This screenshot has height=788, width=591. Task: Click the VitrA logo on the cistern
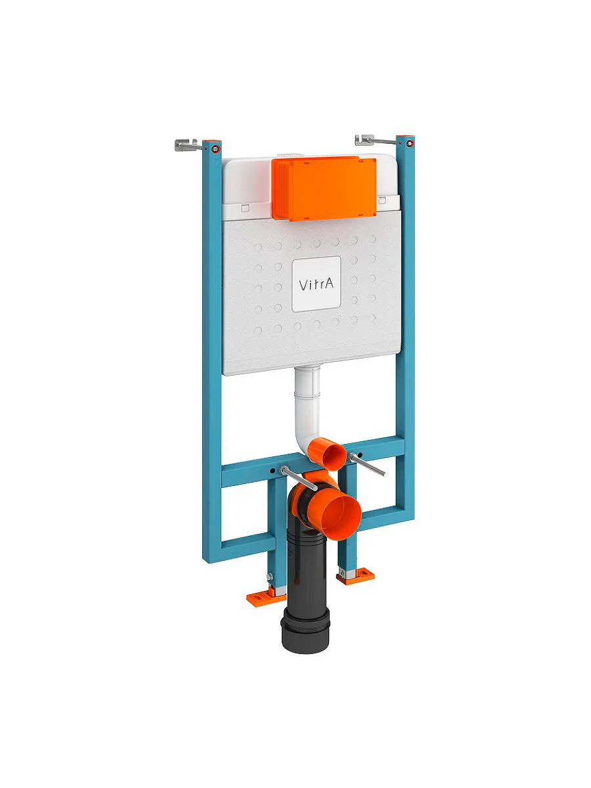(316, 284)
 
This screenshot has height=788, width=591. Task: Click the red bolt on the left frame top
(215, 148)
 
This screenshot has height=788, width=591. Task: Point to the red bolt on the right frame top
(410, 144)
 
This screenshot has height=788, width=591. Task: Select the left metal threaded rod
(299, 478)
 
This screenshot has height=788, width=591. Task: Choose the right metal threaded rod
(368, 464)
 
